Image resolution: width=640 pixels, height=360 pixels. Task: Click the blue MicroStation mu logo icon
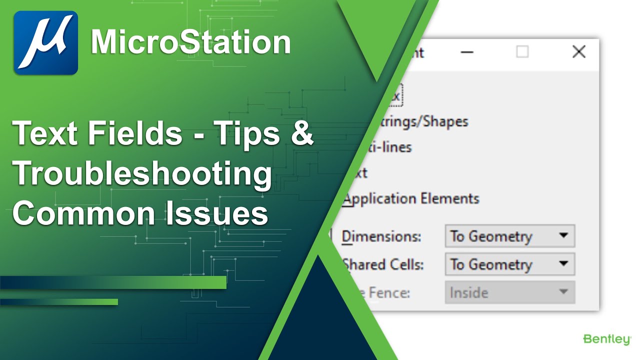pyautogui.click(x=45, y=43)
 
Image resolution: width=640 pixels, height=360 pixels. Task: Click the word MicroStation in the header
pyautogui.click(x=190, y=42)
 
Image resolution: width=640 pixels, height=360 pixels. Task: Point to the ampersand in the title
pyautogui.click(x=301, y=134)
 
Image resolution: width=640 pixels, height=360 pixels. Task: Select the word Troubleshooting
pyautogui.click(x=142, y=174)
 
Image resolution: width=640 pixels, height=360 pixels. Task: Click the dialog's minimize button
pyautogui.click(x=466, y=52)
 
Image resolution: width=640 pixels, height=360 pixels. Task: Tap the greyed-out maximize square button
pyautogui.click(x=522, y=52)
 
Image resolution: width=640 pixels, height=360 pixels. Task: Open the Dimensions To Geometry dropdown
pyautogui.click(x=509, y=236)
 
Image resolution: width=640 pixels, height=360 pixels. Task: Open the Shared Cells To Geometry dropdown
pyautogui.click(x=509, y=264)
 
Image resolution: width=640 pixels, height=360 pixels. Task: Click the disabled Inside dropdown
pyautogui.click(x=509, y=292)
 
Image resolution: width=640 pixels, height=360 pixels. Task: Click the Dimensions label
pyautogui.click(x=381, y=236)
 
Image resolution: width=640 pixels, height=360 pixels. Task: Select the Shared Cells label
pyautogui.click(x=383, y=264)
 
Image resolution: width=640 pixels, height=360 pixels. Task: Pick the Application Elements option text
pyautogui.click(x=411, y=199)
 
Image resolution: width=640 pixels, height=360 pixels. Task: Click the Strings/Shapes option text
pyautogui.click(x=425, y=121)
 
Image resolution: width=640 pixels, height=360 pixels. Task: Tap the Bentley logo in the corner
pyautogui.click(x=607, y=340)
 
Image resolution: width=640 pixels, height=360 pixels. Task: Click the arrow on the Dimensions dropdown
pyautogui.click(x=563, y=235)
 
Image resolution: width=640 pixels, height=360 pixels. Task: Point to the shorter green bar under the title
pyautogui.click(x=59, y=302)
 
